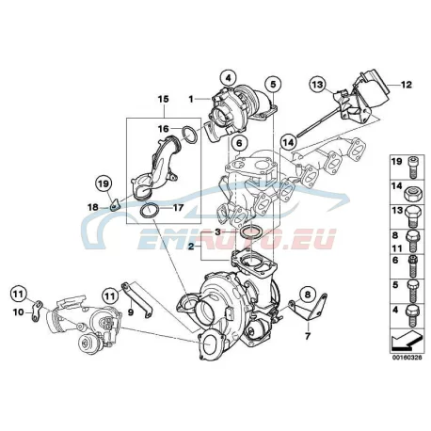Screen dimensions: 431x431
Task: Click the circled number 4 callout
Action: (229, 77)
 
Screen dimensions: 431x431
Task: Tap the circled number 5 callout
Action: (273, 84)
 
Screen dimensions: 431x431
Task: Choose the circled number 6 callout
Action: (239, 143)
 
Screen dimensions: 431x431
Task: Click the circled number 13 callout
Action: (317, 85)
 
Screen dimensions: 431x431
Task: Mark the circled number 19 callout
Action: (104, 184)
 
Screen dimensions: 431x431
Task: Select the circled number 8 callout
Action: (308, 295)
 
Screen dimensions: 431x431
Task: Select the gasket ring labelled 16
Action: (189, 135)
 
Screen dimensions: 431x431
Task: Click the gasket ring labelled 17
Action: (149, 211)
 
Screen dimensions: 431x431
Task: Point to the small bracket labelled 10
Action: (37, 311)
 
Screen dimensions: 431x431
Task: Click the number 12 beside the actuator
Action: (407, 85)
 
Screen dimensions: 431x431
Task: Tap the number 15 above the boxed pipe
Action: (163, 99)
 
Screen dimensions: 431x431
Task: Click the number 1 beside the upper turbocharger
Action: (191, 99)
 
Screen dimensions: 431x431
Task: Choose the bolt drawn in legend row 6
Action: (413, 265)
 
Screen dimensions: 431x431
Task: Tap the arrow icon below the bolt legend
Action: (407, 342)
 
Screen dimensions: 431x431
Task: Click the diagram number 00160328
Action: (407, 358)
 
